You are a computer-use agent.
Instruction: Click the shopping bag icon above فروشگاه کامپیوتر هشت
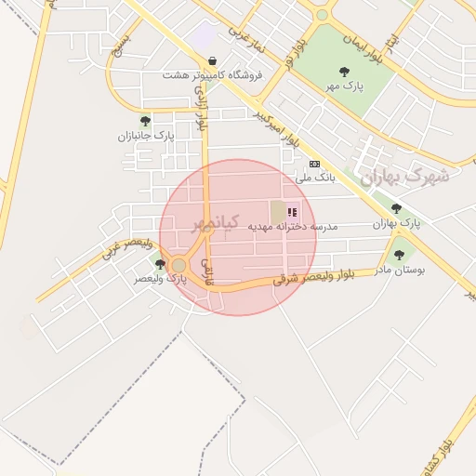[213, 59]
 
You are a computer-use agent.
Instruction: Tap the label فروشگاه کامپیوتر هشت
[213, 74]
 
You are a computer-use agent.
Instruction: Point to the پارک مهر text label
[344, 85]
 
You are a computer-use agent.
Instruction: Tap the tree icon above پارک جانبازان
[145, 121]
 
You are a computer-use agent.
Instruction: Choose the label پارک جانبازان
[145, 136]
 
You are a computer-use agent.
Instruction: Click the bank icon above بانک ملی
[314, 164]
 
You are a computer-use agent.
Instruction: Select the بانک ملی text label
[313, 177]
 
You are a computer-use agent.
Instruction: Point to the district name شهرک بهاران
[405, 176]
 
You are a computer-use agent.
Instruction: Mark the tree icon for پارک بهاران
[397, 209]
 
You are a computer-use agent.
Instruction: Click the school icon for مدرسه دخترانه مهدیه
[293, 212]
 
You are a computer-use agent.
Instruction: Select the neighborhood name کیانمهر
[216, 223]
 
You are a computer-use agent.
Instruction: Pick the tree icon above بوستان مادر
[400, 255]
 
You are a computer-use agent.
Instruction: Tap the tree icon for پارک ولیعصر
[161, 265]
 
